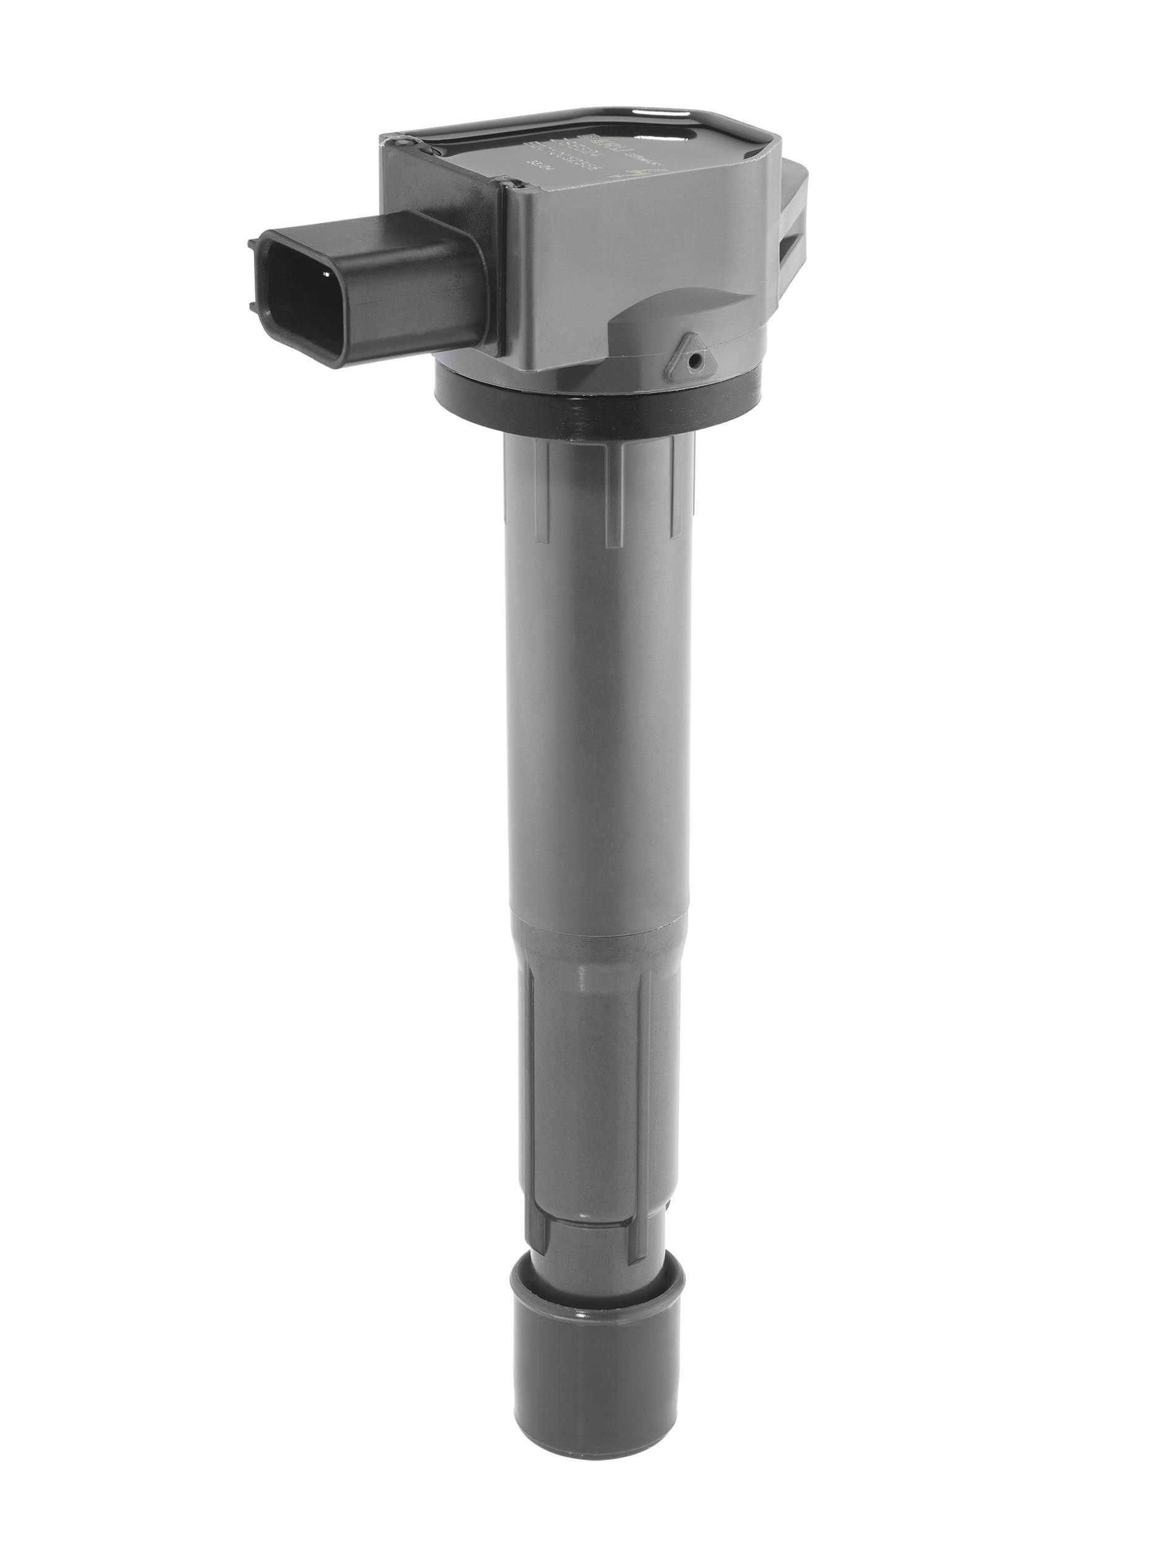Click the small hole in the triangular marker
coord(693,361)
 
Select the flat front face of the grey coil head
coord(630,238)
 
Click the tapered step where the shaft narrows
coord(595,924)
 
